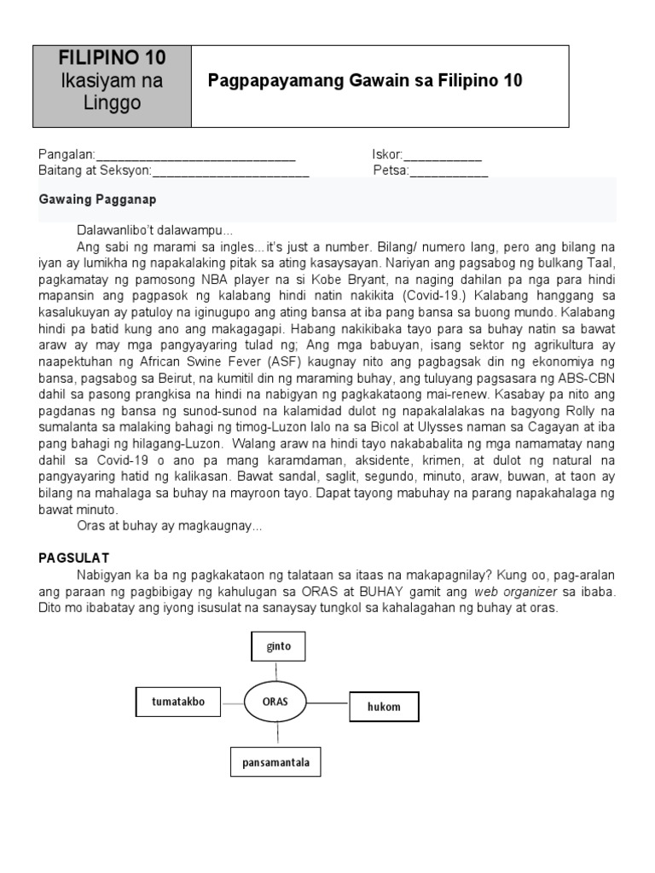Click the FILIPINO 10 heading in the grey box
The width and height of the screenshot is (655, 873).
point(112,58)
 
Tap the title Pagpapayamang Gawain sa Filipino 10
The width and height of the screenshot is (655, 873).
point(365,81)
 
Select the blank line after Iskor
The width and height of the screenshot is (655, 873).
point(442,156)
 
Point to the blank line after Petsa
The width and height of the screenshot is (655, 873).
point(449,171)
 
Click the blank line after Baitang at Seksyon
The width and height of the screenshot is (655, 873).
point(230,171)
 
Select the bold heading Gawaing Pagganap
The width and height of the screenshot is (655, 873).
point(97,199)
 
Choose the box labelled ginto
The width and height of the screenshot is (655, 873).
point(278,646)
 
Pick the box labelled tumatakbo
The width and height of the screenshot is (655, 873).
point(177,702)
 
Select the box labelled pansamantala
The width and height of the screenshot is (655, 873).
point(275,762)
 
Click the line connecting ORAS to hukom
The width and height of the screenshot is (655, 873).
point(327,703)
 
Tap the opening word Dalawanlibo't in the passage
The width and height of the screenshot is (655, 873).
point(113,231)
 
